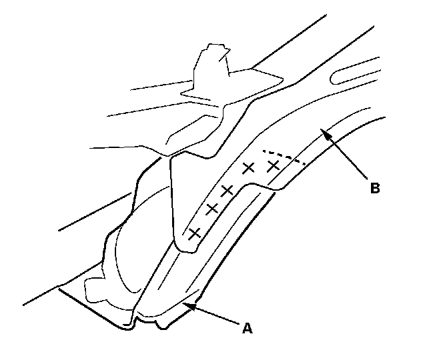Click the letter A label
[247, 327]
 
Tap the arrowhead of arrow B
[323, 132]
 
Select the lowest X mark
[195, 233]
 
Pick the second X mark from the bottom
[212, 209]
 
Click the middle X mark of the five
[227, 191]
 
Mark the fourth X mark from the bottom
[249, 168]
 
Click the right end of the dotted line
[306, 164]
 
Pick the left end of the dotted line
[262, 149]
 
